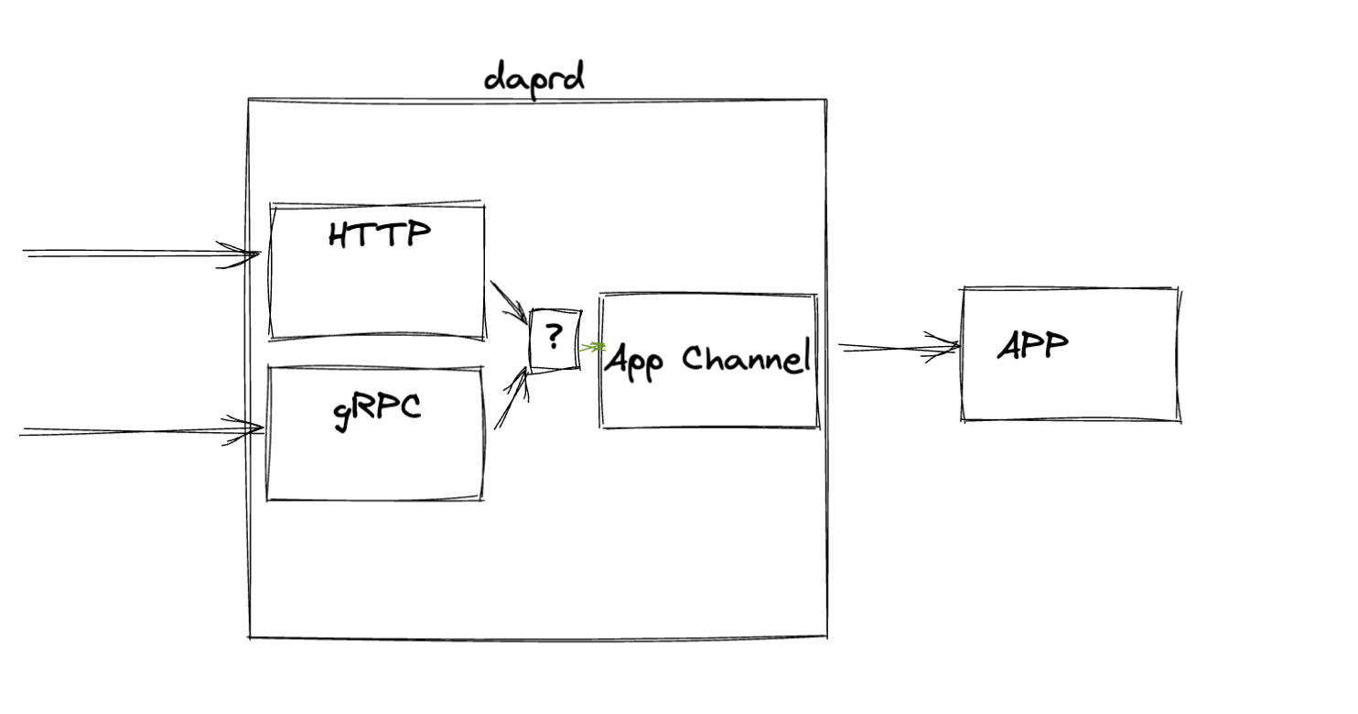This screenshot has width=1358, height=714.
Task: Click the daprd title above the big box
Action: [533, 77]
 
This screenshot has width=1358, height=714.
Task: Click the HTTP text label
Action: [379, 235]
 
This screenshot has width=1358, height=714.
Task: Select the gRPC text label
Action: [377, 408]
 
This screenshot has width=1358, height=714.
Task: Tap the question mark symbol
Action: [554, 338]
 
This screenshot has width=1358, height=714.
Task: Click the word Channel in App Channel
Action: [747, 358]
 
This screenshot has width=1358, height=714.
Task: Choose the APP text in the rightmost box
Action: [1032, 346]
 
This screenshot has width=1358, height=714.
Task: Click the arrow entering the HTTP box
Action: [137, 254]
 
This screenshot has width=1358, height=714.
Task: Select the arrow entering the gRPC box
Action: [137, 430]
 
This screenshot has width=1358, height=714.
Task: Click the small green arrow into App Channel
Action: [593, 347]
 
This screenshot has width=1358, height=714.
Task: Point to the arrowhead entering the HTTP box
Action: [243, 254]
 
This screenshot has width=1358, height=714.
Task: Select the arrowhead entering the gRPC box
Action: [247, 428]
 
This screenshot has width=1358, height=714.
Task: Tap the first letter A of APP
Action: [1009, 347]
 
